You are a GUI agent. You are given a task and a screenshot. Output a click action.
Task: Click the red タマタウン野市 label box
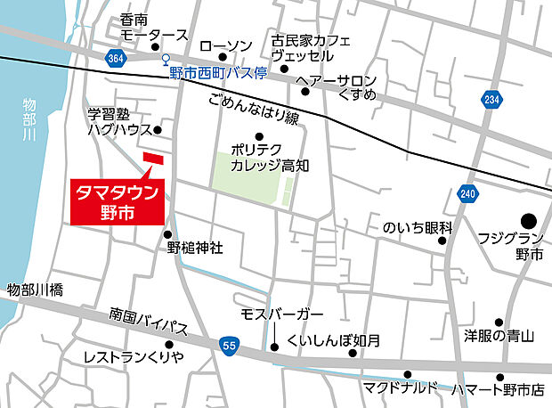click(x=116, y=200)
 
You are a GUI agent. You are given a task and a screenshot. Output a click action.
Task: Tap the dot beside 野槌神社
click(x=168, y=234)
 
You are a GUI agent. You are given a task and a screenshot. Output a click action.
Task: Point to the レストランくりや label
click(x=134, y=356)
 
